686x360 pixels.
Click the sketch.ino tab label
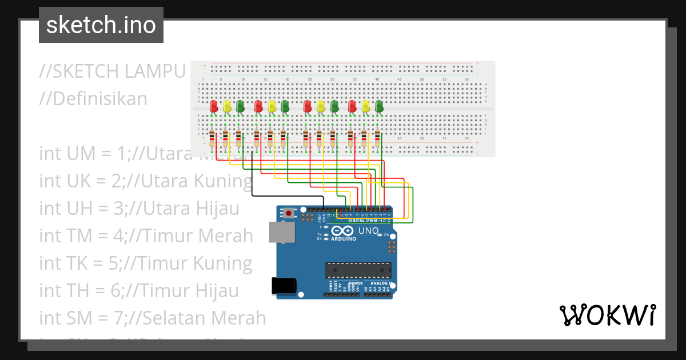[101, 25]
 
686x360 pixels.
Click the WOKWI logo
[607, 315]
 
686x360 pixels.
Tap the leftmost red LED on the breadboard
[214, 106]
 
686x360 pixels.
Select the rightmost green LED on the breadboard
[378, 106]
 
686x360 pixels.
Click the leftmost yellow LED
[227, 106]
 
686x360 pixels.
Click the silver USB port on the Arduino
[282, 232]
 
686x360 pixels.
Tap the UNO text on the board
[368, 231]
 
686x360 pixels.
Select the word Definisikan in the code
[100, 98]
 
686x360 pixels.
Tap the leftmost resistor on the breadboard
[212, 138]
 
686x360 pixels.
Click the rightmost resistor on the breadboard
[377, 138]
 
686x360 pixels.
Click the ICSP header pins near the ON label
[392, 247]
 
